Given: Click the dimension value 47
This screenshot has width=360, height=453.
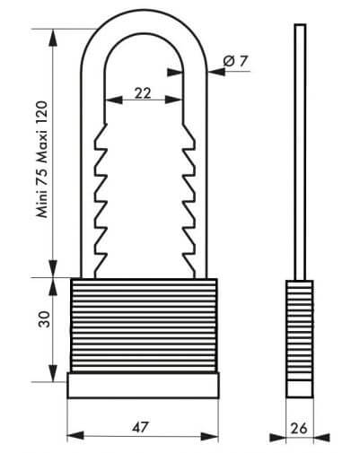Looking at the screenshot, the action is pyautogui.click(x=140, y=427).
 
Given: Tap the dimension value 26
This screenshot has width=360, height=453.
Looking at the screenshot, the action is pyautogui.click(x=299, y=429).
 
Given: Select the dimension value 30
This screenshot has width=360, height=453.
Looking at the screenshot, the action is pyautogui.click(x=44, y=319).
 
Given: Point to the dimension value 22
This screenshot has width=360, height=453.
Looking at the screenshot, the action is pyautogui.click(x=143, y=93).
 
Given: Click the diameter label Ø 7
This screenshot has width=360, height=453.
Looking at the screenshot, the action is pyautogui.click(x=235, y=61).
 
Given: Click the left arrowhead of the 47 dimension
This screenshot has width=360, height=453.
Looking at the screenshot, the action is pyautogui.click(x=75, y=435).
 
